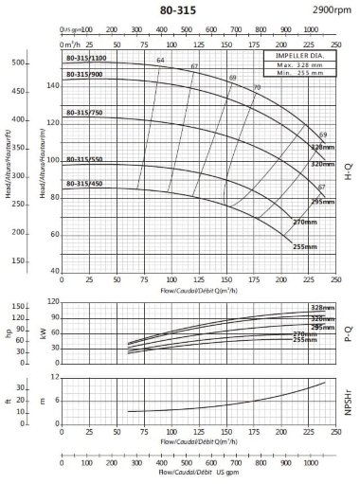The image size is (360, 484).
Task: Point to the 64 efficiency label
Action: pos(160,61)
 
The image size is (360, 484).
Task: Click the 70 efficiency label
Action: pos(256,87)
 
